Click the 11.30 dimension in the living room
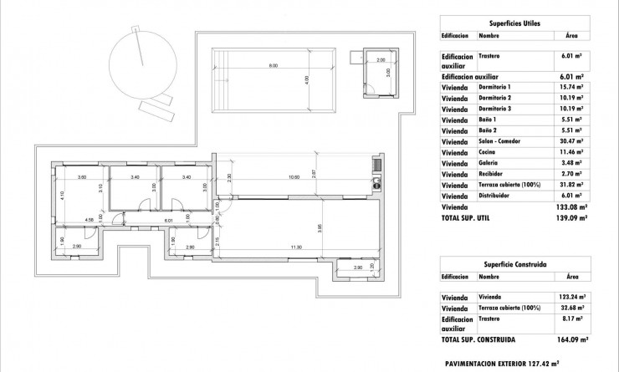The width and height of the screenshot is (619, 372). (295, 248)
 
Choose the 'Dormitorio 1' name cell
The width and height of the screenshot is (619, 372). (494, 88)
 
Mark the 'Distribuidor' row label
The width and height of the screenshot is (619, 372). (496, 196)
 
